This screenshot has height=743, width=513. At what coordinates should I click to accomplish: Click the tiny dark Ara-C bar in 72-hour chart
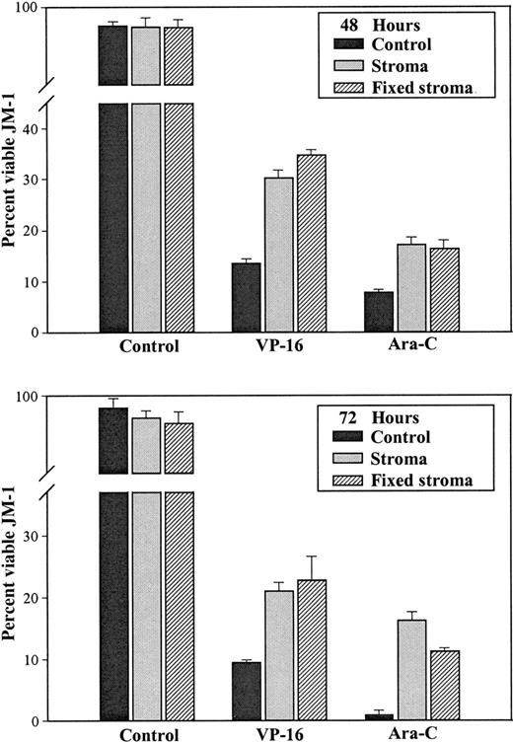(379, 716)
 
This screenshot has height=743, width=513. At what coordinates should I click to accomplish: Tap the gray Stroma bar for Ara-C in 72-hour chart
(411, 670)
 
